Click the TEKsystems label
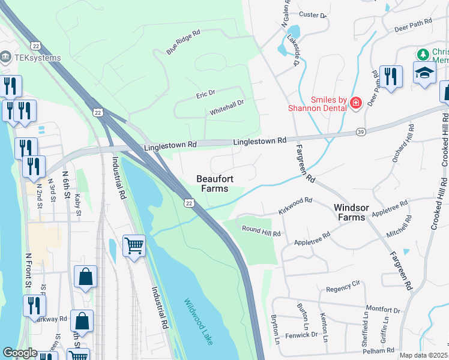click(37, 58)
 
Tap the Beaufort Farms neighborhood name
click(212, 184)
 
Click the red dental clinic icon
click(355, 104)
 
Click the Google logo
click(20, 353)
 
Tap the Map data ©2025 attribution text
click(423, 355)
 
